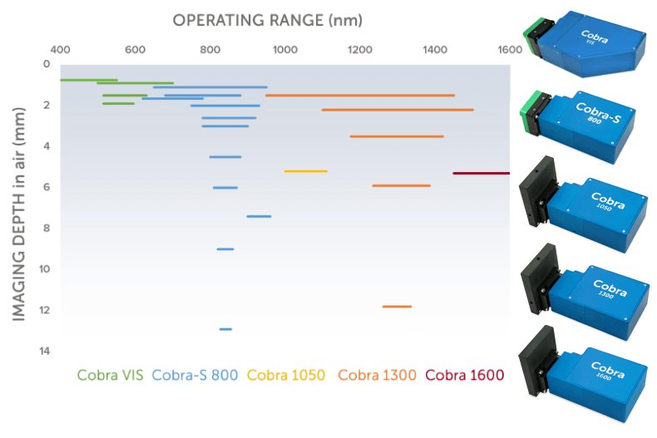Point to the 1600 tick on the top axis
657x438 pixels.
[509, 49]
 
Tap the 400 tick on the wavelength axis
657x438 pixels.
[60, 49]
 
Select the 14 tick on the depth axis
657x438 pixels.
[45, 352]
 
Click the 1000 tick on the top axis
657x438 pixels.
[284, 49]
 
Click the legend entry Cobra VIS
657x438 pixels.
[110, 375]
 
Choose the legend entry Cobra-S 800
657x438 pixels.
[196, 375]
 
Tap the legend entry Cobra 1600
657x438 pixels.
[465, 375]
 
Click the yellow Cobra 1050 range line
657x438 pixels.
[305, 171]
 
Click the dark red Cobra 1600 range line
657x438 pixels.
[481, 173]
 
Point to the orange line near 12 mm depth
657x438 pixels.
[397, 307]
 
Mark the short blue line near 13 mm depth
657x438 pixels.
[225, 329]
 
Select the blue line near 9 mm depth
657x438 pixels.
[225, 249]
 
